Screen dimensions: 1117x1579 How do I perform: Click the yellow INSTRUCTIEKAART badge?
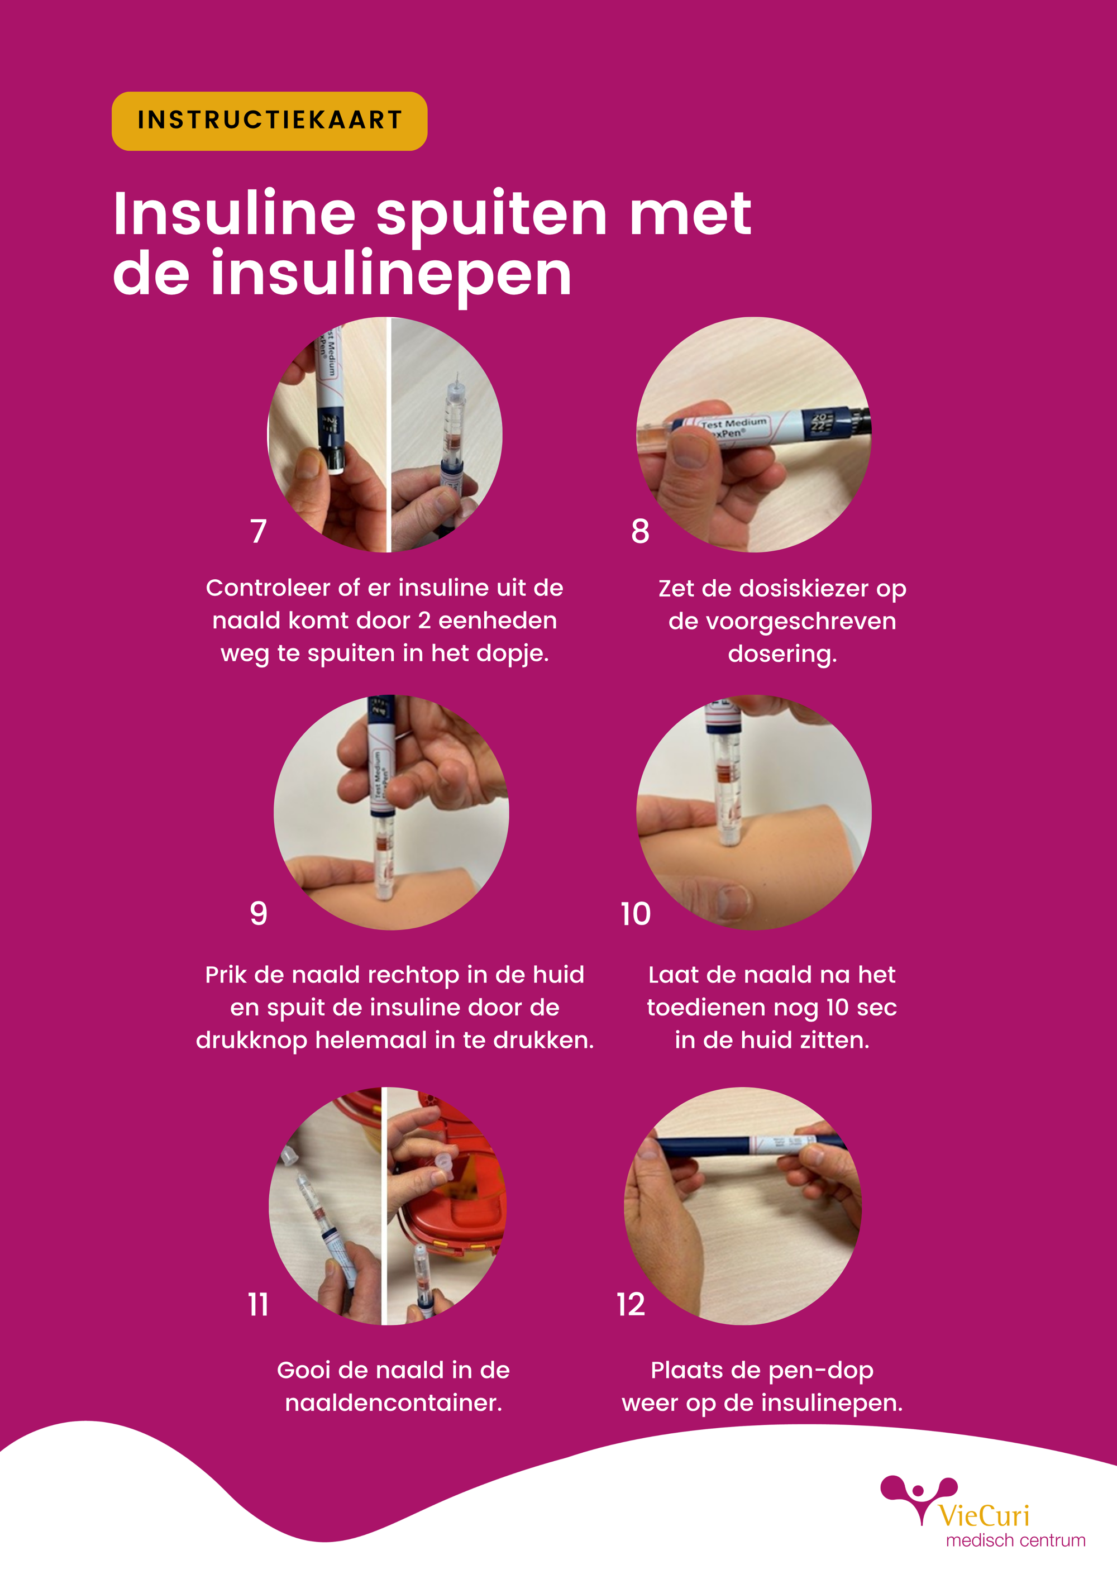pyautogui.click(x=269, y=121)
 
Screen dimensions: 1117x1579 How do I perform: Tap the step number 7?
pyautogui.click(x=258, y=532)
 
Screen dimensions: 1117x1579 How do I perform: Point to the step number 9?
pyautogui.click(x=258, y=913)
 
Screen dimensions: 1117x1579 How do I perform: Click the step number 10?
pyautogui.click(x=635, y=914)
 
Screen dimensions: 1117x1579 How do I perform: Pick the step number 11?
pyautogui.click(x=258, y=1305)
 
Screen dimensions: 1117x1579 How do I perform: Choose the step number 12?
pyautogui.click(x=631, y=1305)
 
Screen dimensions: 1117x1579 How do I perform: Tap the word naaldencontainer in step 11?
pyautogui.click(x=393, y=1403)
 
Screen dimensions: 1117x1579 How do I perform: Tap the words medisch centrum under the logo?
pyautogui.click(x=1015, y=1540)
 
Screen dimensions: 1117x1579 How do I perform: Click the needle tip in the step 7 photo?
pyautogui.click(x=457, y=375)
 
